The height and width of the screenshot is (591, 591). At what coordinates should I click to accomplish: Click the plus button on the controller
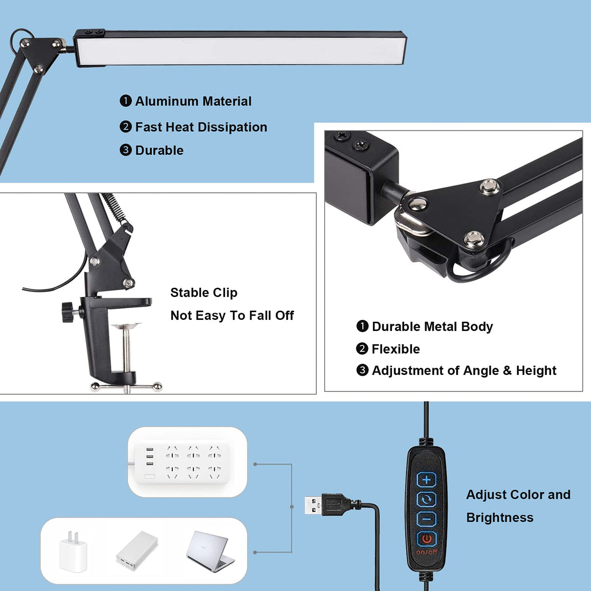pyautogui.click(x=426, y=480)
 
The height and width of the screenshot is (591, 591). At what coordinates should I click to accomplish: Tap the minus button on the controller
pyautogui.click(x=426, y=519)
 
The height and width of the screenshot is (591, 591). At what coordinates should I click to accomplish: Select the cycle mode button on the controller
pyautogui.click(x=426, y=499)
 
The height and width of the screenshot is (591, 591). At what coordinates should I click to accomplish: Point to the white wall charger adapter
pyautogui.click(x=73, y=552)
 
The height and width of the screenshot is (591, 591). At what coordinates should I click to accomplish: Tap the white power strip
pyautogui.click(x=187, y=462)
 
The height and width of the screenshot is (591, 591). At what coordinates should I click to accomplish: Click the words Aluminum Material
pyautogui.click(x=193, y=101)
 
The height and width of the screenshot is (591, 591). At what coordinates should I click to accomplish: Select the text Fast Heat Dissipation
pyautogui.click(x=201, y=127)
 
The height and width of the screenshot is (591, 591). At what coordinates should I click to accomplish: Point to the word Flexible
pyautogui.click(x=395, y=349)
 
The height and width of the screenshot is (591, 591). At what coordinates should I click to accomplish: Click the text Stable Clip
pyautogui.click(x=203, y=293)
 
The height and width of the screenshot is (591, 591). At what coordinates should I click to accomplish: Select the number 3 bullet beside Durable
pyautogui.click(x=126, y=150)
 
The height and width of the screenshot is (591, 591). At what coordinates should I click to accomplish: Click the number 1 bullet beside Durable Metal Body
pyautogui.click(x=362, y=326)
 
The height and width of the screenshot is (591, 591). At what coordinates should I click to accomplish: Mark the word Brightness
pyautogui.click(x=499, y=517)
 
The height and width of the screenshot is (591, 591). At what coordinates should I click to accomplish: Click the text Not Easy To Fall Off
pyautogui.click(x=232, y=315)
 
